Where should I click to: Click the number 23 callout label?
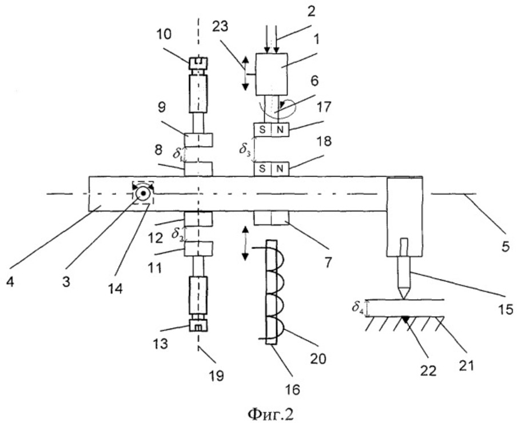(220, 26)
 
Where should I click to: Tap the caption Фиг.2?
(270, 413)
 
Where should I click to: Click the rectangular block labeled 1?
(272, 74)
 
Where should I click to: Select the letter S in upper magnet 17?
(262, 130)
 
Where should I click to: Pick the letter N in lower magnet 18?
(280, 169)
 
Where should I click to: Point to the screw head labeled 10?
(198, 63)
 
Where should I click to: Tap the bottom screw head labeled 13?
(198, 326)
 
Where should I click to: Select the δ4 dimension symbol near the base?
(358, 308)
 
